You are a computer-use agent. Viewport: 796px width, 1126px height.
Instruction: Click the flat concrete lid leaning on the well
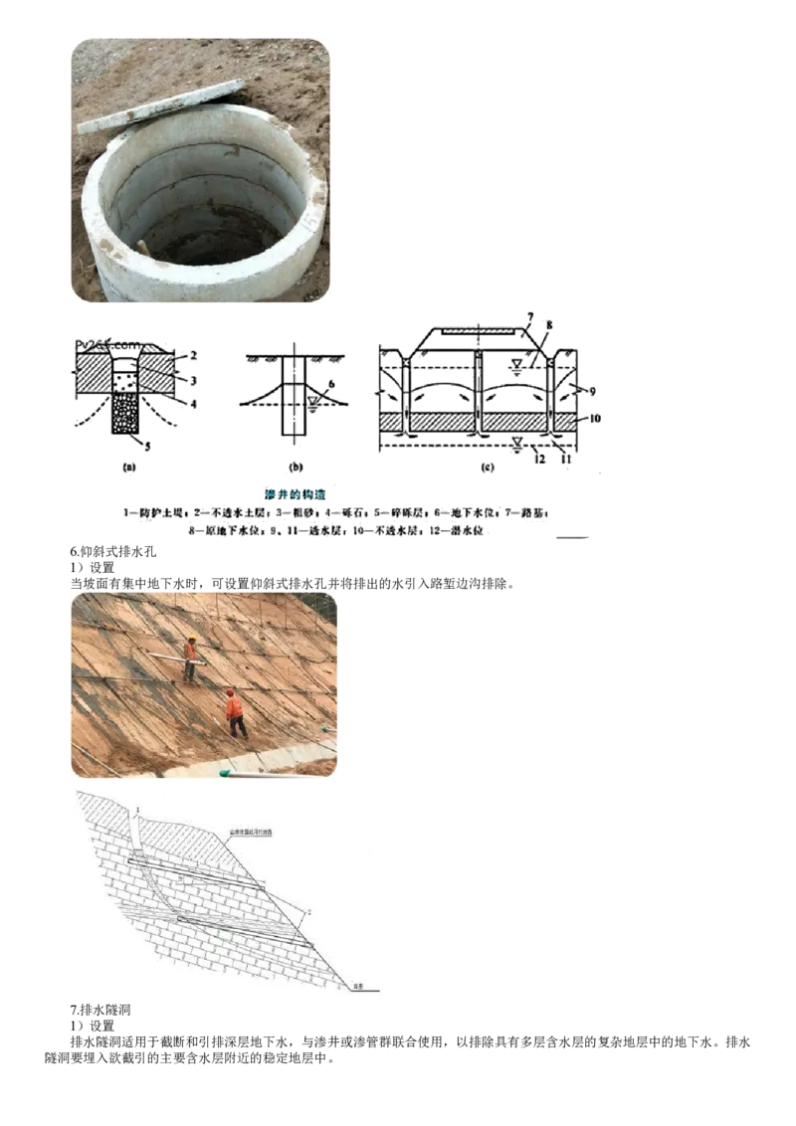[159, 105]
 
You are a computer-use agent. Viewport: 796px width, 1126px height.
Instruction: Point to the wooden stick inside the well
[143, 244]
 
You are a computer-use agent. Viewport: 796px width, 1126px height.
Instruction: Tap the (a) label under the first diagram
[127, 465]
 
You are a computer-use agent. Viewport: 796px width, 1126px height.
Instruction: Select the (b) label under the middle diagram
[295, 466]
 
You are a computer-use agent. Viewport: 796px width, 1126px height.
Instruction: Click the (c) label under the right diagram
[486, 466]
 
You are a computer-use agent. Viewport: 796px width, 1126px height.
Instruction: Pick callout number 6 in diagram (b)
[331, 383]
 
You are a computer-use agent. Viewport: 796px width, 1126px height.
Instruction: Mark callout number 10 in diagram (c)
[595, 421]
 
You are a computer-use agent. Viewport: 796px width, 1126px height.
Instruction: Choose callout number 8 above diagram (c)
[549, 324]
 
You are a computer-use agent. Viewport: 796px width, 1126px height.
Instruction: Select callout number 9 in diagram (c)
[593, 391]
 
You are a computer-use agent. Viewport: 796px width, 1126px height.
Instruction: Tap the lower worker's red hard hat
[230, 693]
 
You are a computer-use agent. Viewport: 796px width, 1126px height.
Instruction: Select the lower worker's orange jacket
[234, 708]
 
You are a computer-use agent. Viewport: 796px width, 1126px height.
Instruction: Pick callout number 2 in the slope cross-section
[310, 910]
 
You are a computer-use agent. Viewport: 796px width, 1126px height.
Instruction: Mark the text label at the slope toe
[358, 987]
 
